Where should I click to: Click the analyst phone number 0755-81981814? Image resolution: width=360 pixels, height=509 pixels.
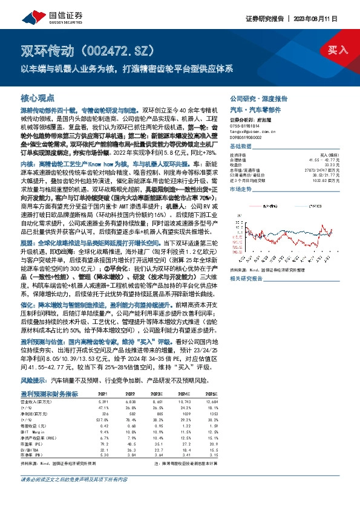tap(246, 126)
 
